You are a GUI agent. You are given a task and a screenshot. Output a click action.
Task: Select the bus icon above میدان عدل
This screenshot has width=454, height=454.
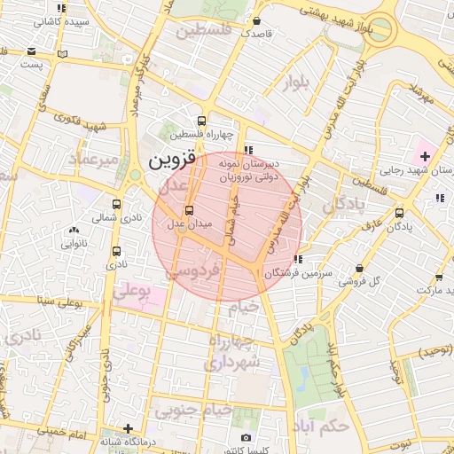pos(188,210)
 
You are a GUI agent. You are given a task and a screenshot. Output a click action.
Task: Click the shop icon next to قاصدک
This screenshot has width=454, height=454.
pos(256,21)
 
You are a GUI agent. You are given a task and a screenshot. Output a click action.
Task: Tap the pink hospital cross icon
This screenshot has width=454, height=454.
pos(425,156)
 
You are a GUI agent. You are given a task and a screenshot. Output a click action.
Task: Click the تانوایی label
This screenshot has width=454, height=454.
pos(73,240)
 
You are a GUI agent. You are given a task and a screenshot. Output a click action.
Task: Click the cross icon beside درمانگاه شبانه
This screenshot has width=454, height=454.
pos(129,428)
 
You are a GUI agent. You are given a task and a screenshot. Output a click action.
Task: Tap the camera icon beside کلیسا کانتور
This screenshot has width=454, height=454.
pos(246,437)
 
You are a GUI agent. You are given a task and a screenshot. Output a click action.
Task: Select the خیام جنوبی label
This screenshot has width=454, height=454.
pos(193,411)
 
